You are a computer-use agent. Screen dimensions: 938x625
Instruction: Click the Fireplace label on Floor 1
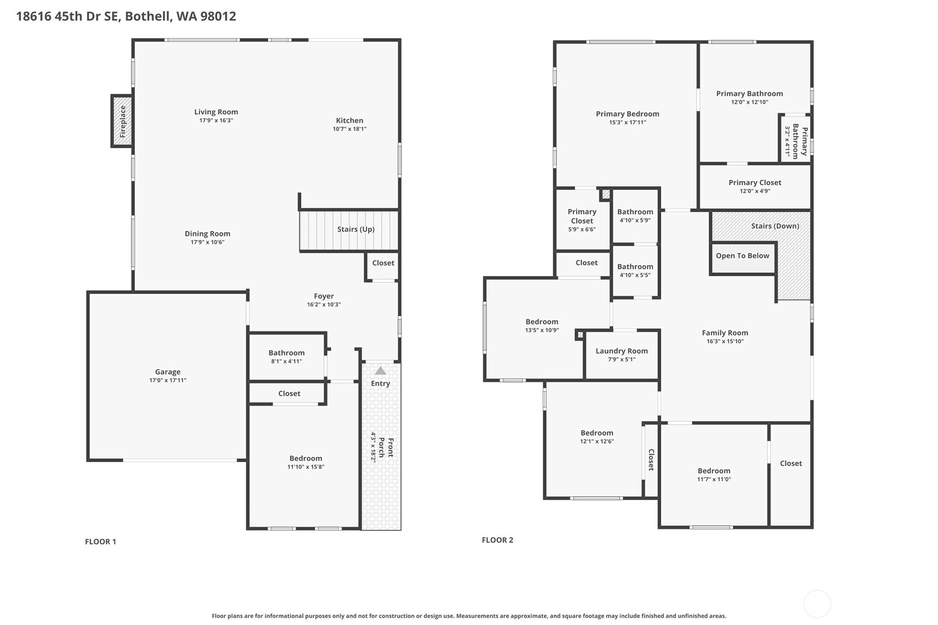[123, 122]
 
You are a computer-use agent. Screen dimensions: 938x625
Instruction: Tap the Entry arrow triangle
[380, 370]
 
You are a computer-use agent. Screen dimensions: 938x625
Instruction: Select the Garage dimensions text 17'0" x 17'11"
[167, 380]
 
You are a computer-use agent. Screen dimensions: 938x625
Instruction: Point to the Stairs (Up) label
[356, 229]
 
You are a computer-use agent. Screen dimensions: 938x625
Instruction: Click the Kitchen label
[349, 120]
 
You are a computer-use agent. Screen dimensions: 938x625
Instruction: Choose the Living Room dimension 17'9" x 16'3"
[216, 120]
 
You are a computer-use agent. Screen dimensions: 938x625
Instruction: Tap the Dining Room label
[207, 234]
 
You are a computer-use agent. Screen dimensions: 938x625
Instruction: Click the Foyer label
[324, 296]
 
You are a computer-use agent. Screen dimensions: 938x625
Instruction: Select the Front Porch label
[386, 447]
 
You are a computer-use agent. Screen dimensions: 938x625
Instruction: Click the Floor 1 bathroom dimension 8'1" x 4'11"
[286, 361]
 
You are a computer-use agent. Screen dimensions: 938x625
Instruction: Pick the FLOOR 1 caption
[101, 541]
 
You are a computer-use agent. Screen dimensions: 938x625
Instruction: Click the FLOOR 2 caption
[497, 539]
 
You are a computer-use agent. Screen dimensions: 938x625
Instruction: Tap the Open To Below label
[742, 255]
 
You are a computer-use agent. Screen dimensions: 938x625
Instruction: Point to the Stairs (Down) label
[775, 225]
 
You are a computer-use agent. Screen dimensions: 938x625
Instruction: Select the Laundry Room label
[621, 351]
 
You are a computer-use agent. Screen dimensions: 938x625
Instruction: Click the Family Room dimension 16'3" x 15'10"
[725, 341]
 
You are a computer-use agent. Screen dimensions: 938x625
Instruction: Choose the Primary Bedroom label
[627, 113]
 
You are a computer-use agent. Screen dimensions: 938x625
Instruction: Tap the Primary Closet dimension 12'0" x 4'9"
[754, 191]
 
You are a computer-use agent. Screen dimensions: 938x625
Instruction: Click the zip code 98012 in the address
[218, 16]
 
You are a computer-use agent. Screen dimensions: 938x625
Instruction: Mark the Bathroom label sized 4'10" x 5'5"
[635, 266]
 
